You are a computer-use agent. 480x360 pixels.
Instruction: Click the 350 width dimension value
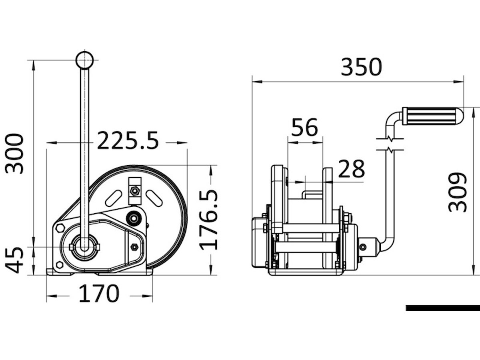tap(361, 67)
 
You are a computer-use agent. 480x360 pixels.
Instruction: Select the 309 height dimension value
tap(458, 192)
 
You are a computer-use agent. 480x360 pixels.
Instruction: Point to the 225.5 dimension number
tap(128, 141)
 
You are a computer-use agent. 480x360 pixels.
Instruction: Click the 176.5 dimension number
tap(209, 220)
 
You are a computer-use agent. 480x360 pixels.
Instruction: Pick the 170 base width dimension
tap(99, 294)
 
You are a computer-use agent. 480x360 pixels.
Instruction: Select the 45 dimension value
tap(15, 260)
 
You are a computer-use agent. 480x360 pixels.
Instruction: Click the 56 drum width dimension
tap(304, 127)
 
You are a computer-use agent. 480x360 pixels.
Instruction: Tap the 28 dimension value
tap(352, 169)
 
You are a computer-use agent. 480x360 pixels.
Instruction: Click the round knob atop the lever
tap(84, 60)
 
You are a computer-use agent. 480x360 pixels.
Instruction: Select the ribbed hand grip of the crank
tap(431, 116)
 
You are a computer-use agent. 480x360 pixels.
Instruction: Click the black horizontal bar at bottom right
tap(442, 308)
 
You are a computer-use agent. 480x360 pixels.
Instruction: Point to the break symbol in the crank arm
tap(390, 144)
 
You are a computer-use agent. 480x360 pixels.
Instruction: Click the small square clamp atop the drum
tap(135, 190)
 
